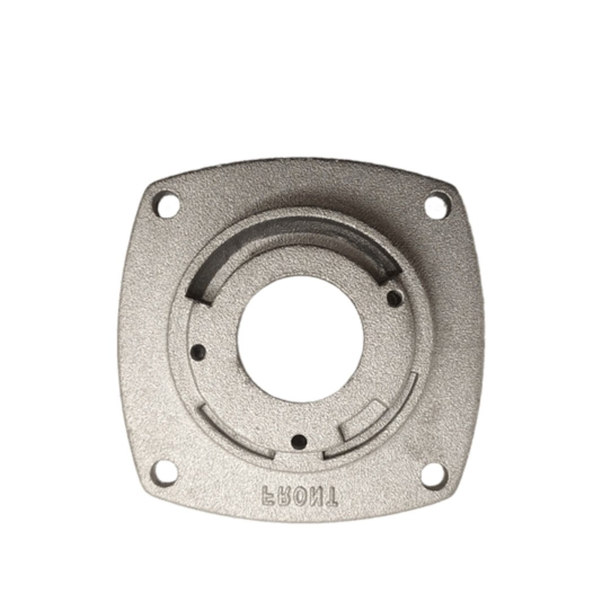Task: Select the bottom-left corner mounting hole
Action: tap(165, 474)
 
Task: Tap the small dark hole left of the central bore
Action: tap(199, 351)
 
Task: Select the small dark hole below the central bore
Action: tap(299, 441)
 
